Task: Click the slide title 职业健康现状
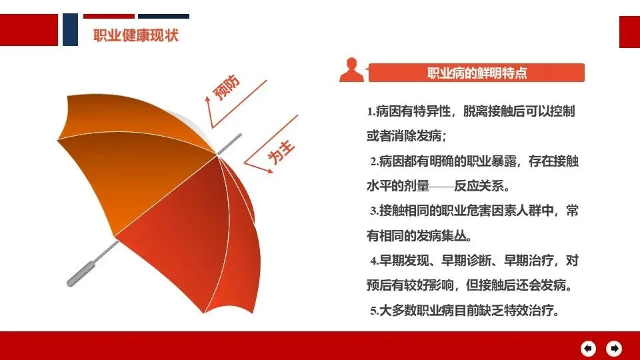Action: (x=135, y=35)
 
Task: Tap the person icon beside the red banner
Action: (x=351, y=70)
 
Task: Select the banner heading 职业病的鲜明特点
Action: (x=477, y=73)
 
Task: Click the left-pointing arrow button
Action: (x=588, y=349)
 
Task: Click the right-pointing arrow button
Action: (x=614, y=349)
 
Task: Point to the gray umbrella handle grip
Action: (x=81, y=274)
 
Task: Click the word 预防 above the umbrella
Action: (x=227, y=87)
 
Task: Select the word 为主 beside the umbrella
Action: (x=281, y=153)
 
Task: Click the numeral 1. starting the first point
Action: (x=371, y=111)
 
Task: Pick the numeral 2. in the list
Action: (x=375, y=161)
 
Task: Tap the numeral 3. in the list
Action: (x=375, y=211)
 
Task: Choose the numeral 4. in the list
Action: (x=375, y=261)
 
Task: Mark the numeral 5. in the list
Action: (x=375, y=311)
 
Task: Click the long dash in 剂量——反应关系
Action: (x=441, y=187)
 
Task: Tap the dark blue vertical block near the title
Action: (x=70, y=29)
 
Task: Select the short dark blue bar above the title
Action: (x=163, y=16)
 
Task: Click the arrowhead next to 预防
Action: (x=208, y=99)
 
